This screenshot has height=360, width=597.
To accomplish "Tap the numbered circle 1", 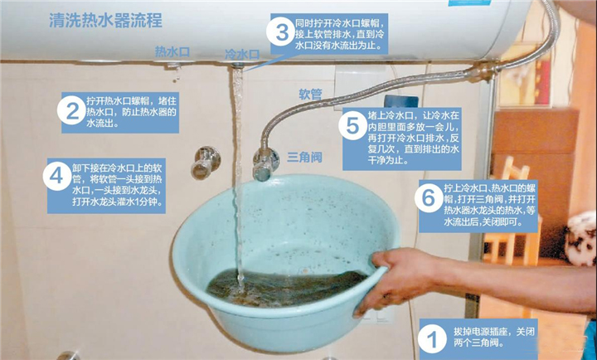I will (x=430, y=338).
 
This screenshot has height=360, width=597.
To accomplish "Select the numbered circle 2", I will (x=72, y=110).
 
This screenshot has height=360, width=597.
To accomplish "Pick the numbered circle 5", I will (x=353, y=127).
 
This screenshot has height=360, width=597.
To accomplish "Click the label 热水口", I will (x=172, y=51).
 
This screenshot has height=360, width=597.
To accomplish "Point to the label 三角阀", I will (x=304, y=157).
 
